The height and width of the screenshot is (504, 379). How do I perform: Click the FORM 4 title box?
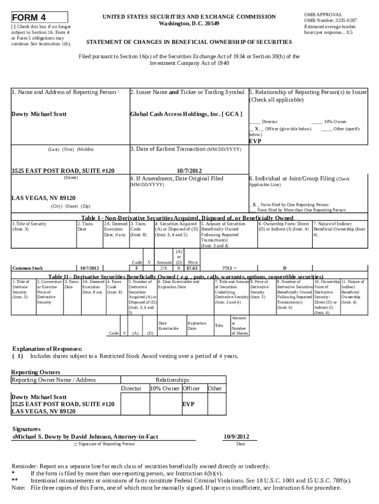point(39,17)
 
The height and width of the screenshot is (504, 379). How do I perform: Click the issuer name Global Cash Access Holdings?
point(186,114)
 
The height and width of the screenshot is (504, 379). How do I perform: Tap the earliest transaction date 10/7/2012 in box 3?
point(189,170)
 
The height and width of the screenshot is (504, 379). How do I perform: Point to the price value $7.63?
point(192,268)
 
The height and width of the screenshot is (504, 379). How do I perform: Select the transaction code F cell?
point(136,268)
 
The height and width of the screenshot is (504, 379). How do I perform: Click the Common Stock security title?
point(28,268)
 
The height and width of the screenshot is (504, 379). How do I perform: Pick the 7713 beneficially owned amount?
point(227,268)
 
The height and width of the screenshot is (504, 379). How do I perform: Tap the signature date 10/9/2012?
point(236,436)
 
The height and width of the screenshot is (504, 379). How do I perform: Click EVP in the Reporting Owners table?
point(188,404)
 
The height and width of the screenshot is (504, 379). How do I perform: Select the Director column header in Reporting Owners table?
point(131,388)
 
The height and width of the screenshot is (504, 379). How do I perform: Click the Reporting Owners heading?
point(35,372)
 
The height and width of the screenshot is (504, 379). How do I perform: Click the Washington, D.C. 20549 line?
point(189,24)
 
